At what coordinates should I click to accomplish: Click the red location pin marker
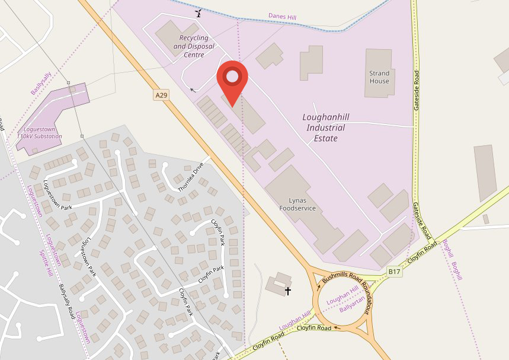pos(233,80)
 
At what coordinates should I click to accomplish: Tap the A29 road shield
pos(161,95)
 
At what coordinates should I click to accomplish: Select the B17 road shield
pos(395,271)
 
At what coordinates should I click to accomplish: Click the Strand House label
pos(379,77)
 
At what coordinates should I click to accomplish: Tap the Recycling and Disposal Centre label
pos(193,46)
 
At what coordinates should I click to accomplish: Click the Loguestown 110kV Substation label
pos(39,132)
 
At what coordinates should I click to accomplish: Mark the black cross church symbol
pos(289,291)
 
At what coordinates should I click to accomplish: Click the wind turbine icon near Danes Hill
pos(199,12)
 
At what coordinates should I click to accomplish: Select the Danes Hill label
pos(282,17)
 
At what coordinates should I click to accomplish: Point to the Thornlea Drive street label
pos(190,177)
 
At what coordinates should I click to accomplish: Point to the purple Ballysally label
pos(41,84)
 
